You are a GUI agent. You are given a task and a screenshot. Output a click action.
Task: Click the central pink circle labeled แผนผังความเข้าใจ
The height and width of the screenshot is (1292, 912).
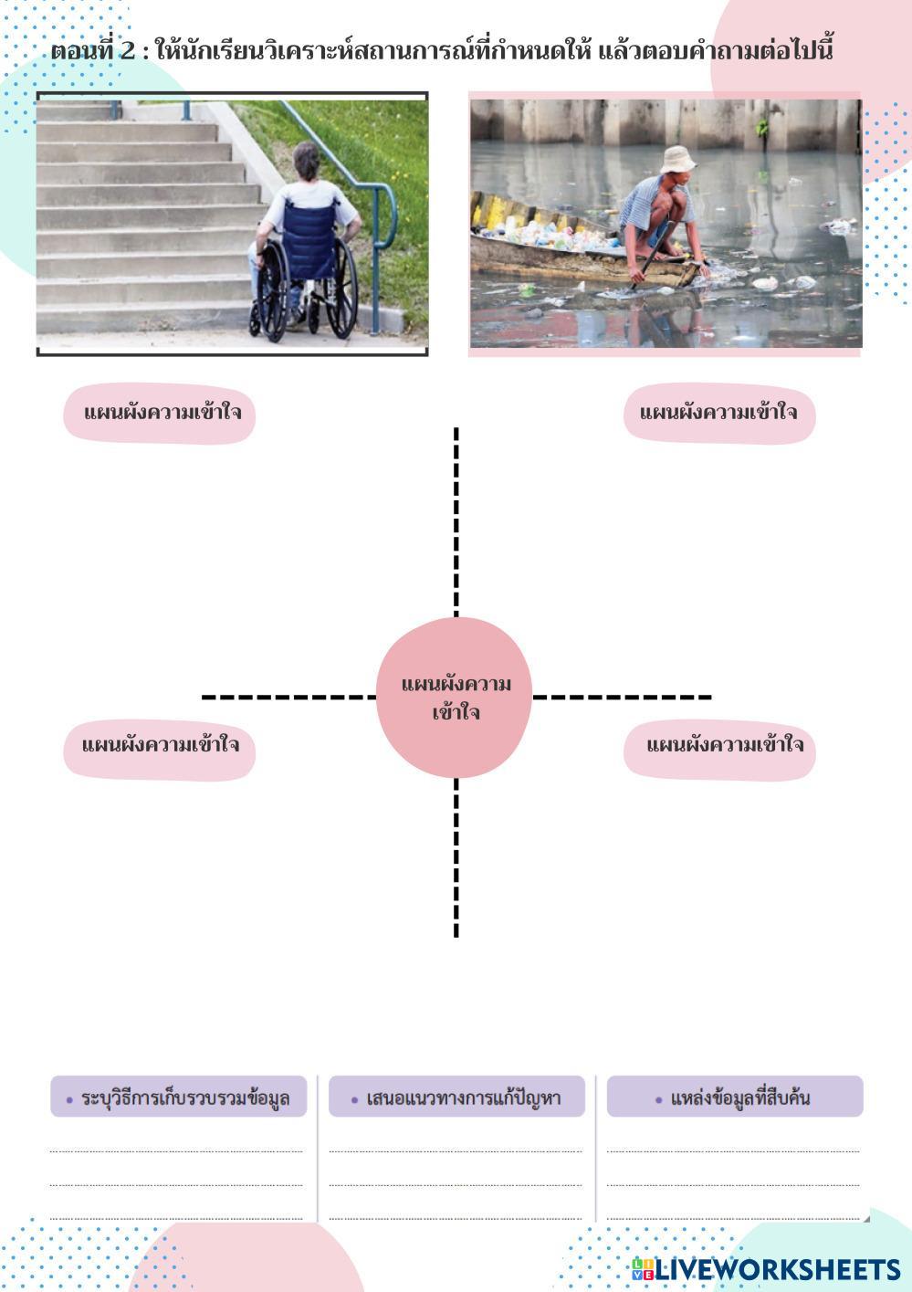[454, 698]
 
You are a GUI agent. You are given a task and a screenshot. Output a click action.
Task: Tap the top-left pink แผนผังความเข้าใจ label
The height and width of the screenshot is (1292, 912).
[159, 414]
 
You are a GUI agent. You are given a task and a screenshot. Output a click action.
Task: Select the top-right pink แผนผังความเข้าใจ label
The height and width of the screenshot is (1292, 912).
[719, 414]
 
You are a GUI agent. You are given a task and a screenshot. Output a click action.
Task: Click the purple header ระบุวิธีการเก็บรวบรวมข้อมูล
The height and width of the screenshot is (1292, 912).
[179, 1097]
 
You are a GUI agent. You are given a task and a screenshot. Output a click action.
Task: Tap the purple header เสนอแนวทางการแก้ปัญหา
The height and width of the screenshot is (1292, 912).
[456, 1097]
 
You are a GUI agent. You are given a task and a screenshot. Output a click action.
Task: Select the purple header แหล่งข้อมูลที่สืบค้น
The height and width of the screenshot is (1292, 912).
[735, 1097]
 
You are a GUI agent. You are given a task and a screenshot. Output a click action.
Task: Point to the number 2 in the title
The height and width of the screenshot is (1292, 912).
[127, 50]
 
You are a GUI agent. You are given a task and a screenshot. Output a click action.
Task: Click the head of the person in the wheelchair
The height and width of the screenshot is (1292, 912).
[307, 162]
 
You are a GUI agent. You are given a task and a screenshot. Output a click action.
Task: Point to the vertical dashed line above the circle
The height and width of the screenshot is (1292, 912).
[456, 520]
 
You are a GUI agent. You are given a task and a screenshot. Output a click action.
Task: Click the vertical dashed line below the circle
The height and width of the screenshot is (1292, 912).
[456, 858]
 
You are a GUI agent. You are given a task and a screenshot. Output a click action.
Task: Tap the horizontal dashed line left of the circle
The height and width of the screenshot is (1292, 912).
[288, 698]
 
